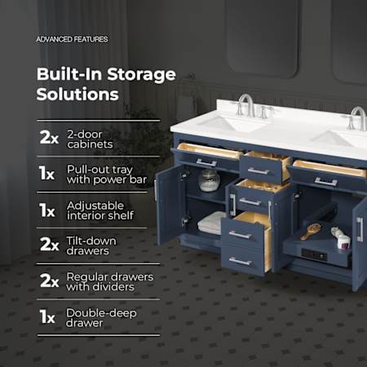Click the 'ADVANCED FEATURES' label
pos(72,39)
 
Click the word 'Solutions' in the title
pos(77,95)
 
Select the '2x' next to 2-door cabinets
pos(49,137)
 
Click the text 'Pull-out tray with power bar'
pos(107,175)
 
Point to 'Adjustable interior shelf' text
pos(100,210)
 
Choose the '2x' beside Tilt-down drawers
pos(49,244)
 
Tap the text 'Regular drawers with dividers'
pos(109,281)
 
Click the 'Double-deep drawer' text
pos(101,317)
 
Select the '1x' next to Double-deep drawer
pos(47,316)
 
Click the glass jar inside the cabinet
pos(209,180)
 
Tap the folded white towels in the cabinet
pos(211,223)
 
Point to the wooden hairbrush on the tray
pos(311,231)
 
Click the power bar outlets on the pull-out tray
pos(313,255)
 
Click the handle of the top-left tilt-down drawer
pos(206,162)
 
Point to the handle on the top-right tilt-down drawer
pos(326,181)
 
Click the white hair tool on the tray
pos(340,238)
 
